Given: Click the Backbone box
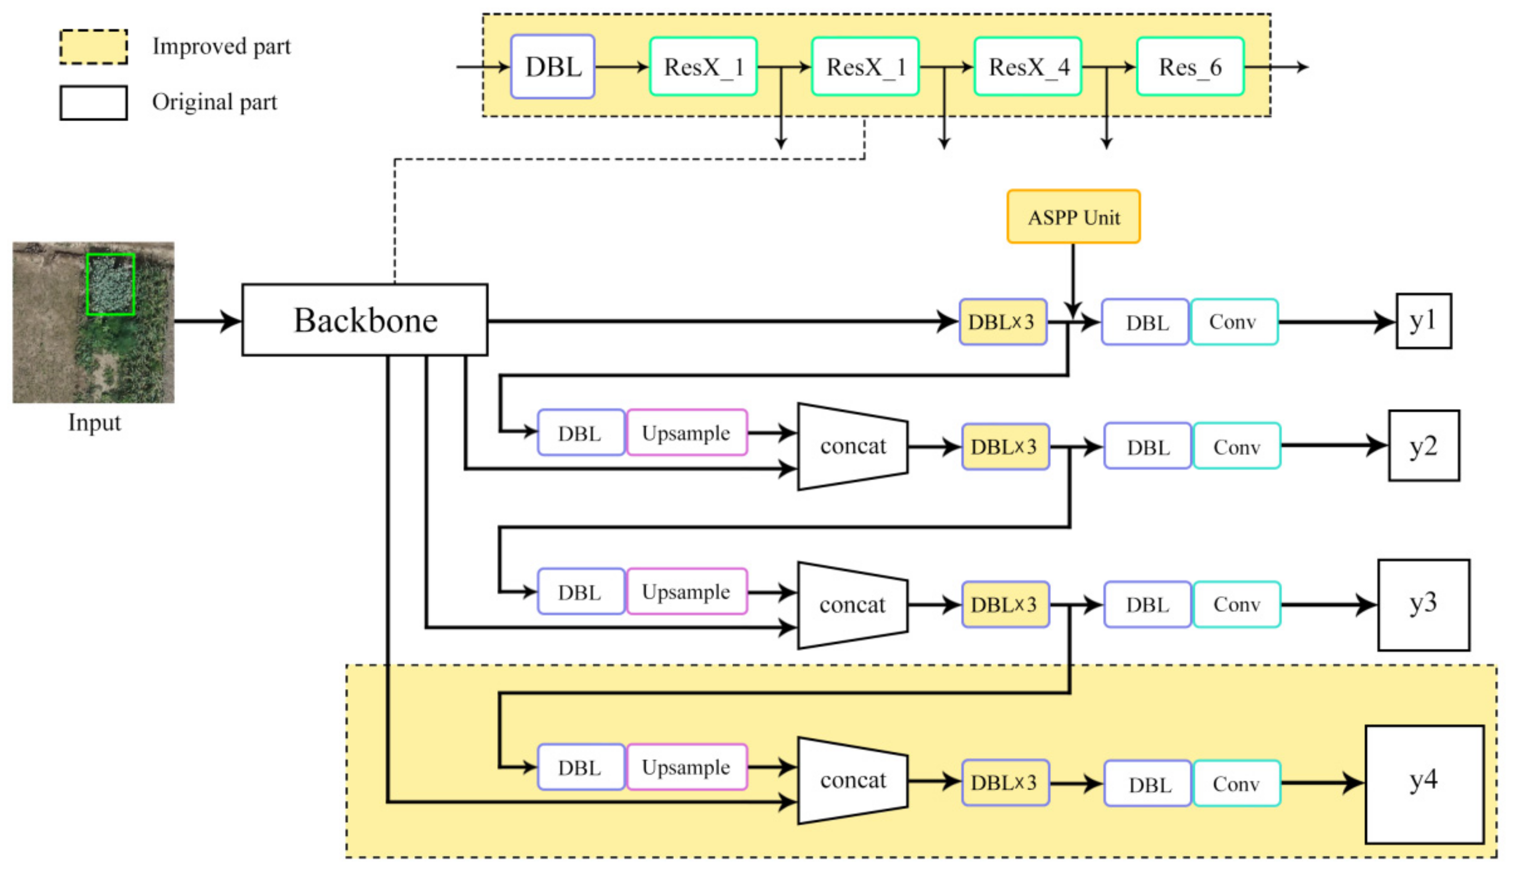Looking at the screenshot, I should (364, 320).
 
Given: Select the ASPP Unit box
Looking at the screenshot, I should (1073, 216).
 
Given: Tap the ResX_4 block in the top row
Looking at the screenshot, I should (1027, 67).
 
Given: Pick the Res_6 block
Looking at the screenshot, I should (1190, 67).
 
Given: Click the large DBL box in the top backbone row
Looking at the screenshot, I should (552, 67).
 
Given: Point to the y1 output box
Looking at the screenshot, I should (1423, 321).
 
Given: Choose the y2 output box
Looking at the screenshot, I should (1423, 446).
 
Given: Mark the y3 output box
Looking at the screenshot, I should (1423, 604).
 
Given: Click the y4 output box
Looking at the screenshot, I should (1424, 784).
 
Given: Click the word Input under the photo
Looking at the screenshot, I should (94, 422).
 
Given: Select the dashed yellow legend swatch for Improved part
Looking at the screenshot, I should (94, 47).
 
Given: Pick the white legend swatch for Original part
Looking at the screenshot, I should (94, 103).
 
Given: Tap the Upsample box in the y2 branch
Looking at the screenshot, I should (686, 433).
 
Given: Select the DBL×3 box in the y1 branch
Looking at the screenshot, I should (1002, 322).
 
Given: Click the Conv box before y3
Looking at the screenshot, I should (1236, 604).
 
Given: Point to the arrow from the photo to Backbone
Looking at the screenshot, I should (207, 321).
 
